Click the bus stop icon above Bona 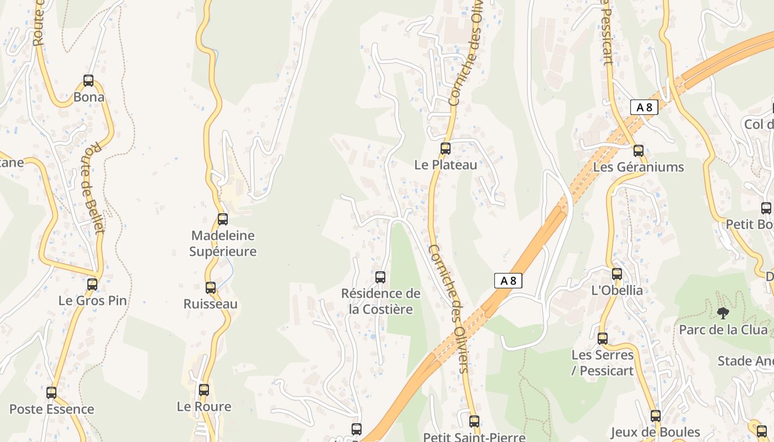click(x=88, y=81)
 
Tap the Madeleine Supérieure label click(x=223, y=244)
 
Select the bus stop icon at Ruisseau click(x=211, y=288)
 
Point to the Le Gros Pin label click(x=92, y=301)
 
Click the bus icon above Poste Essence click(x=51, y=393)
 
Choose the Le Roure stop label click(x=204, y=407)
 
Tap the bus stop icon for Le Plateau click(x=446, y=149)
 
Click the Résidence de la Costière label click(x=381, y=302)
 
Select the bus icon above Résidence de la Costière click(x=380, y=277)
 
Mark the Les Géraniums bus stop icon click(x=639, y=150)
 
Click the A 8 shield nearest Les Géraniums click(x=644, y=107)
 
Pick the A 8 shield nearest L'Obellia click(x=508, y=281)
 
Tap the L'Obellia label click(x=617, y=291)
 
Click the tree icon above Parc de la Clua click(x=723, y=314)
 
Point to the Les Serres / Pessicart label click(x=603, y=363)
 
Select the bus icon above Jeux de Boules click(x=656, y=416)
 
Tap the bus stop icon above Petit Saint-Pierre click(x=474, y=422)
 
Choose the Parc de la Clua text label click(x=723, y=330)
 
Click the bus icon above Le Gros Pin click(x=92, y=285)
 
